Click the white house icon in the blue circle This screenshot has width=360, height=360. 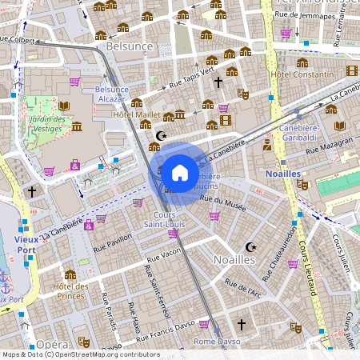click(x=180, y=172)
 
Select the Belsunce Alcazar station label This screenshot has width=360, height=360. click(x=110, y=94)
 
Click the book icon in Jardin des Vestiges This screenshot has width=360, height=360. click(x=64, y=106)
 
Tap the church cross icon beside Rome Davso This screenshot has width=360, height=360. click(x=241, y=324)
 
